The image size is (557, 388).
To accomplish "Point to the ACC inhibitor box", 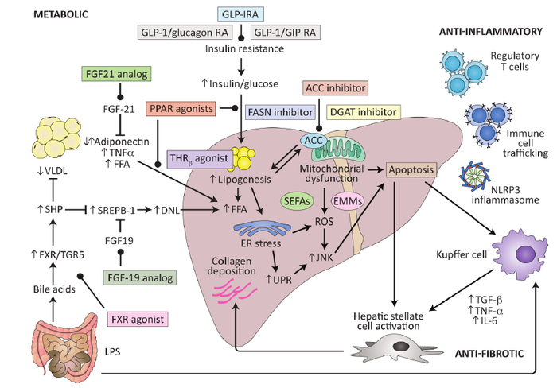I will [333, 86].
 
